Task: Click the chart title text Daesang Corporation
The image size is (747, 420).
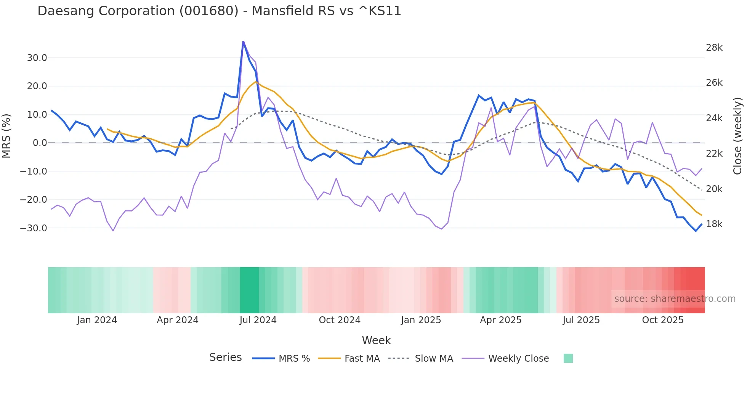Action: coord(219,11)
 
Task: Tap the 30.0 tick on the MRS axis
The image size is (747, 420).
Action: coord(37,58)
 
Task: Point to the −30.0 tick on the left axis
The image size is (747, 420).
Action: coord(34,228)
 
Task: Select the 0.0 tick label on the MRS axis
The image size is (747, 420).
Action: coord(40,143)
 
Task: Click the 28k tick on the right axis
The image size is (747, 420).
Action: coord(714,48)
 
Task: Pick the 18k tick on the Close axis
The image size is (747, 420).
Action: coord(714,224)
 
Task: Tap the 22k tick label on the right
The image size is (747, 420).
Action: coord(714,154)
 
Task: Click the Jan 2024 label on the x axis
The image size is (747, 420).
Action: coord(97,320)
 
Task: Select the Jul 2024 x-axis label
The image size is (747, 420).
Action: coord(258,320)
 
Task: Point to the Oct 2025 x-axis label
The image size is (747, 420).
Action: coord(663,320)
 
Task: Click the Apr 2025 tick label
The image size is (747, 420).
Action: coord(500,320)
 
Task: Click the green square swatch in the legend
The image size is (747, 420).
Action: coord(568,358)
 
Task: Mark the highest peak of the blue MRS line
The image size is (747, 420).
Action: coord(243,42)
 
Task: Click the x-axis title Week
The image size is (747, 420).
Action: coord(376,340)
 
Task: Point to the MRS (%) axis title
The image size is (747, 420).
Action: coord(6,136)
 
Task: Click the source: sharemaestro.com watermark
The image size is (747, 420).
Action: coord(675,299)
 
